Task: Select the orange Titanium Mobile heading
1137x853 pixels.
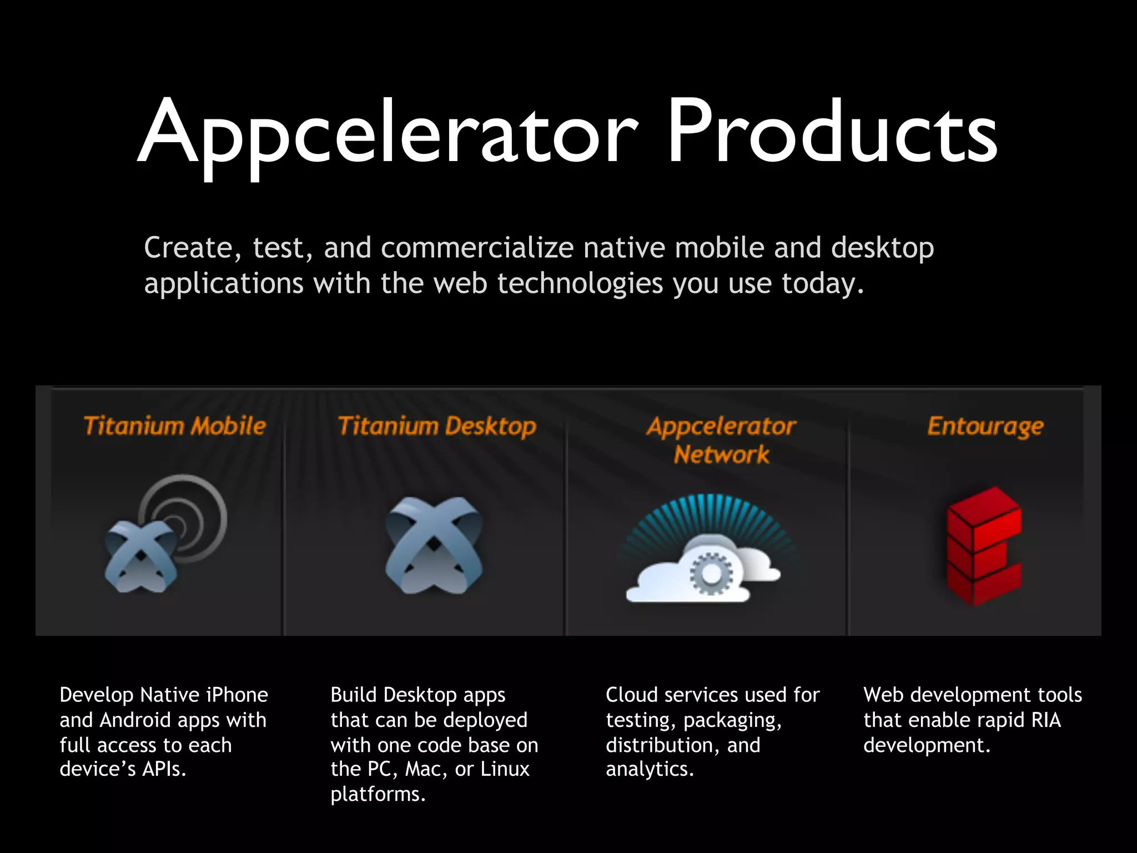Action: pyautogui.click(x=175, y=426)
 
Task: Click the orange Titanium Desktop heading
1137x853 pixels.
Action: pyautogui.click(x=437, y=426)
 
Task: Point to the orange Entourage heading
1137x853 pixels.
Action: pyautogui.click(x=985, y=426)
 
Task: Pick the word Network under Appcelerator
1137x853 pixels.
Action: pyautogui.click(x=721, y=455)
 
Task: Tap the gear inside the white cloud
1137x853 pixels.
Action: pyautogui.click(x=711, y=573)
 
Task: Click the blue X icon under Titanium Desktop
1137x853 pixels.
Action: pyautogui.click(x=434, y=544)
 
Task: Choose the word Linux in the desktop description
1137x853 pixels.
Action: pyautogui.click(x=505, y=769)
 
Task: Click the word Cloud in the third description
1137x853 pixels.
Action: pyautogui.click(x=631, y=695)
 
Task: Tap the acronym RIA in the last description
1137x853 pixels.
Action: pyautogui.click(x=1046, y=720)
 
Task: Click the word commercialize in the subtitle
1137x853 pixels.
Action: pyautogui.click(x=477, y=248)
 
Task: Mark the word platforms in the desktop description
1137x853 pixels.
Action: pyautogui.click(x=378, y=794)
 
